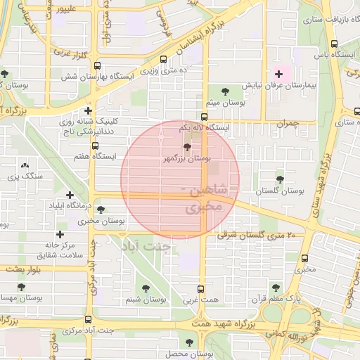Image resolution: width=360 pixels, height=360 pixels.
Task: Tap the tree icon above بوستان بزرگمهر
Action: point(186,147)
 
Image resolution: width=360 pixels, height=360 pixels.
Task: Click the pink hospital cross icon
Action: point(278,72)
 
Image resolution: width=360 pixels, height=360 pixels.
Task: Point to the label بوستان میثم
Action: point(225,103)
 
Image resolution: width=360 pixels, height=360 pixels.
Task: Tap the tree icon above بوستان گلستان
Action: point(281,179)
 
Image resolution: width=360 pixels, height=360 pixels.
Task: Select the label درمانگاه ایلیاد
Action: point(73,207)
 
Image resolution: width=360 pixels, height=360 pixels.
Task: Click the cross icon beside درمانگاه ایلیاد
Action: point(70,195)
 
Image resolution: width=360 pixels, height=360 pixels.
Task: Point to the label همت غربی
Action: point(201,300)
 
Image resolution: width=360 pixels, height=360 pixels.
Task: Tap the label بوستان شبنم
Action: point(145,300)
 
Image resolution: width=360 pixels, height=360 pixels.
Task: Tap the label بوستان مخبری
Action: point(102,221)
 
